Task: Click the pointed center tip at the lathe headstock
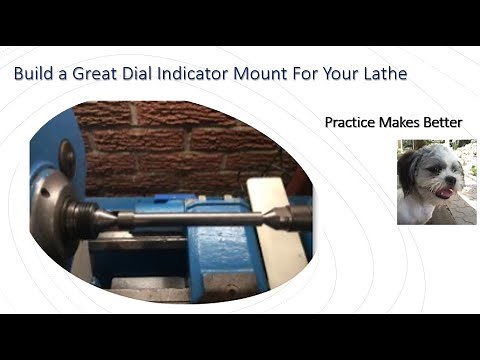point(118,215)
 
